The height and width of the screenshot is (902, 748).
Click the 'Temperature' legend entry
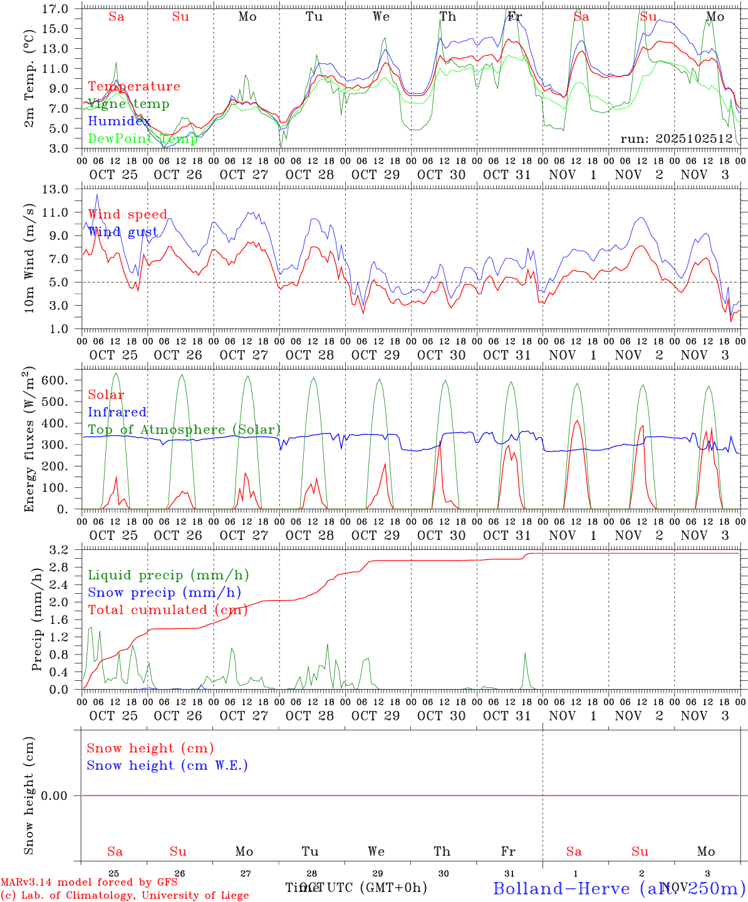point(133,86)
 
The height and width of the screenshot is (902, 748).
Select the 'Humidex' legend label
point(119,121)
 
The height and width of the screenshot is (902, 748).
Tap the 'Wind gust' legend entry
point(123,232)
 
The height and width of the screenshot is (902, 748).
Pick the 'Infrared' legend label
point(117,412)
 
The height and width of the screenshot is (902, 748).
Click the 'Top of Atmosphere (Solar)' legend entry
point(184,430)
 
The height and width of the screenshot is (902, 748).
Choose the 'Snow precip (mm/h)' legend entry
point(164,593)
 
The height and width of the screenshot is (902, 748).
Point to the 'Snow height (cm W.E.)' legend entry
point(167,765)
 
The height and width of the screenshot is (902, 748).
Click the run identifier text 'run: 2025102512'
point(676,139)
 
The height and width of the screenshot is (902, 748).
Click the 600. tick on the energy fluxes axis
point(53,380)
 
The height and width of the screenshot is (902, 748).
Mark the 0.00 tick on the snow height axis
point(54,796)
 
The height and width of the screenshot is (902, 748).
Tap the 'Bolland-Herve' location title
point(561,888)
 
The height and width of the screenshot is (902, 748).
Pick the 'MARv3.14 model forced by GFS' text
point(89,883)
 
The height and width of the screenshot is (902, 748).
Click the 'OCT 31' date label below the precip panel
point(507,715)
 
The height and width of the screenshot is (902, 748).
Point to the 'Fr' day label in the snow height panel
point(508,851)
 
